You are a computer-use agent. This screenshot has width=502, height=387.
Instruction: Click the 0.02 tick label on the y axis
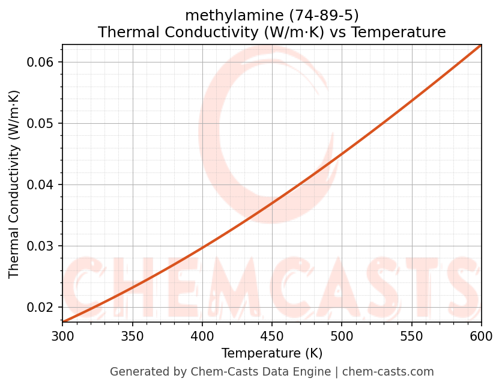coord(40,308)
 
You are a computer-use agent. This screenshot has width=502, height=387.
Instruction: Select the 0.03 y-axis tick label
coord(40,246)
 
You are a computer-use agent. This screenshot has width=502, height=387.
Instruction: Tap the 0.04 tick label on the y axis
coord(40,185)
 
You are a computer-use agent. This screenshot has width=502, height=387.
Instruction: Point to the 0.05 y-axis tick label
coord(40,124)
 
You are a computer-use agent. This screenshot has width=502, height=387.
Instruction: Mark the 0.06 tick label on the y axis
coord(40,62)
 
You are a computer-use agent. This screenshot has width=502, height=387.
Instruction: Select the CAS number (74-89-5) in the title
coord(324,15)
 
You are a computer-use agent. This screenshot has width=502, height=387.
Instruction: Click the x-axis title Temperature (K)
coord(271,353)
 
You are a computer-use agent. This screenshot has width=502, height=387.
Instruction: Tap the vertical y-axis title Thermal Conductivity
coord(14,184)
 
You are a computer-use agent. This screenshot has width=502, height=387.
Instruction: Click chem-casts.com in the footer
coord(388,372)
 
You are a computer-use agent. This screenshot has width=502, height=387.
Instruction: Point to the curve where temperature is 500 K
coord(341,154)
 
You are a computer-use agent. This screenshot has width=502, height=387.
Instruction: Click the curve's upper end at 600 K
coord(480,45)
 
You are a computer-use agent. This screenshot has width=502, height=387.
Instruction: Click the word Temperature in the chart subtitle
coord(398,32)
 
